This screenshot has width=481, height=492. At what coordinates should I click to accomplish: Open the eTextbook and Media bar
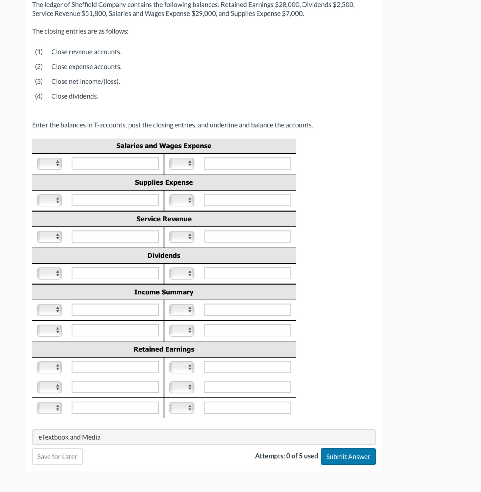tap(204, 437)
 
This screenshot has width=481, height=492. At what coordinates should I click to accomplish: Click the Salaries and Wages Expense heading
tap(164, 146)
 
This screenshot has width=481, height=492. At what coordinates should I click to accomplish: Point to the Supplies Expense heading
tap(164, 182)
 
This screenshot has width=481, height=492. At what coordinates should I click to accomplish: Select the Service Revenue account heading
tap(164, 219)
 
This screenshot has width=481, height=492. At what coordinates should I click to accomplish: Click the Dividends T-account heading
tap(164, 255)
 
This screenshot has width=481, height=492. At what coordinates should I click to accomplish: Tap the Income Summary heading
tap(164, 292)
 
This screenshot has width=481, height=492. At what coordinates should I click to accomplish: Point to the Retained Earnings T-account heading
tap(164, 349)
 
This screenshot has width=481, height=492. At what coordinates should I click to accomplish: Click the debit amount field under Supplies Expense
tap(115, 200)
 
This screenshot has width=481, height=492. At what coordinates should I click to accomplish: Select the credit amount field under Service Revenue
tap(247, 237)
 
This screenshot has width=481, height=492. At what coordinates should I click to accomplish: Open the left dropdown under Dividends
tap(50, 273)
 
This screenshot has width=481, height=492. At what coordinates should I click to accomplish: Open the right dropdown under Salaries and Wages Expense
tap(182, 163)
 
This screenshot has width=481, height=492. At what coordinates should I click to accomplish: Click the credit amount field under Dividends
tap(247, 273)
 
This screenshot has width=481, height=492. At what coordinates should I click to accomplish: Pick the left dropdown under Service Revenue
tap(50, 237)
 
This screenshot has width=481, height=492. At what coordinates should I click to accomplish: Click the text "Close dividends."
tap(75, 96)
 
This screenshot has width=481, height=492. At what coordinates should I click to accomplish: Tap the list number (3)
tap(39, 82)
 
